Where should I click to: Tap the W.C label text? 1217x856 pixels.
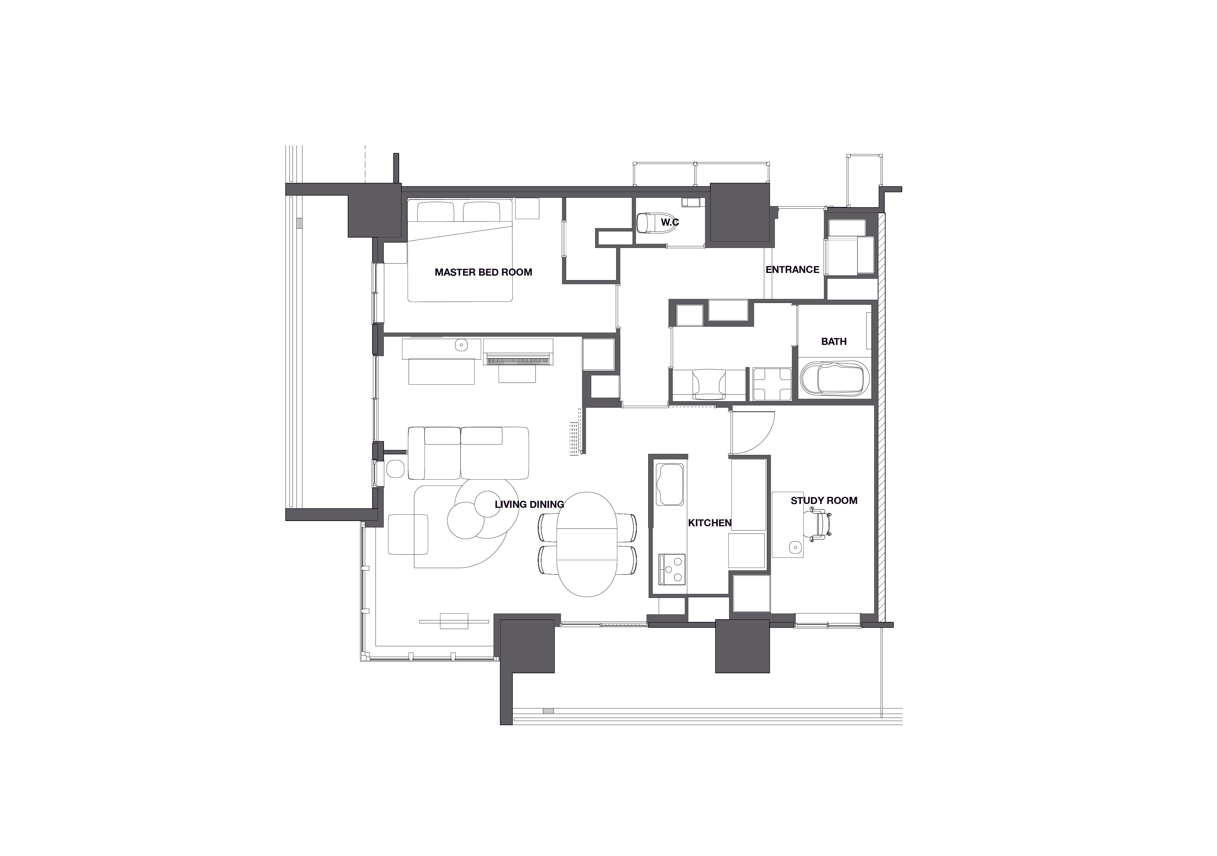(x=670, y=223)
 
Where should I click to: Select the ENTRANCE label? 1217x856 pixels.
(x=792, y=270)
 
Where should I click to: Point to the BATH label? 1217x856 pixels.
(x=834, y=342)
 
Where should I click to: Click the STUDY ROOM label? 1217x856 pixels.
(x=824, y=501)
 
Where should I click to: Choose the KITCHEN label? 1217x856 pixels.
(x=710, y=523)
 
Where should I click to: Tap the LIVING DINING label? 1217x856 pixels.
(x=529, y=505)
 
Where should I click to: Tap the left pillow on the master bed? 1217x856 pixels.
(x=436, y=213)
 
